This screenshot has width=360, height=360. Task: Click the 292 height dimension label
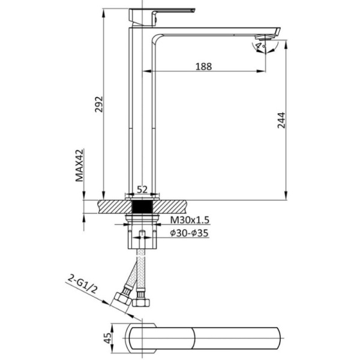tap(99, 104)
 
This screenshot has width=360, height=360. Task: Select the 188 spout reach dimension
tap(203, 67)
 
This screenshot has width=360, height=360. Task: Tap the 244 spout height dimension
tap(281, 120)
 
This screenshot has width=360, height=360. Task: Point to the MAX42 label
tap(80, 166)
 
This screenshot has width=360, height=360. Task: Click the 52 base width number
tap(142, 190)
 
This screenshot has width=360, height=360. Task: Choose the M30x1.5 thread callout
tap(190, 220)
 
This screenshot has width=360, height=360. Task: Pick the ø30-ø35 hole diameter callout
tap(189, 233)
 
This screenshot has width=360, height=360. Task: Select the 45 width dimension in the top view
tap(107, 338)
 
